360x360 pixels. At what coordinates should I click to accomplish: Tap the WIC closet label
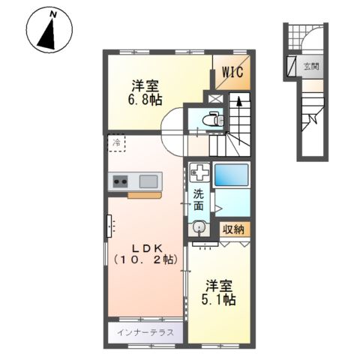coord(231,73)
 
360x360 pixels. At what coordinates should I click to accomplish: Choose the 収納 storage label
coord(233,229)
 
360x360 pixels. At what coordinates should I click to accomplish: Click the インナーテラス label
coord(145,331)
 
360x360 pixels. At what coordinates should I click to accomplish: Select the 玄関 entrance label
coord(310,66)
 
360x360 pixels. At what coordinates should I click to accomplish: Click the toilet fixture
coord(212,118)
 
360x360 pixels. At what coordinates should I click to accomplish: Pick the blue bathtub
coord(232,175)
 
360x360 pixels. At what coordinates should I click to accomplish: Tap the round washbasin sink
coord(199,227)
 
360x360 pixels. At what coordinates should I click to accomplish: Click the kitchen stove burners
coord(121,181)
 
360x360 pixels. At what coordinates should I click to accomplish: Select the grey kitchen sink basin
coord(148,181)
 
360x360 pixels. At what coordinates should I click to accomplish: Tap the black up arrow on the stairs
coord(236,100)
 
